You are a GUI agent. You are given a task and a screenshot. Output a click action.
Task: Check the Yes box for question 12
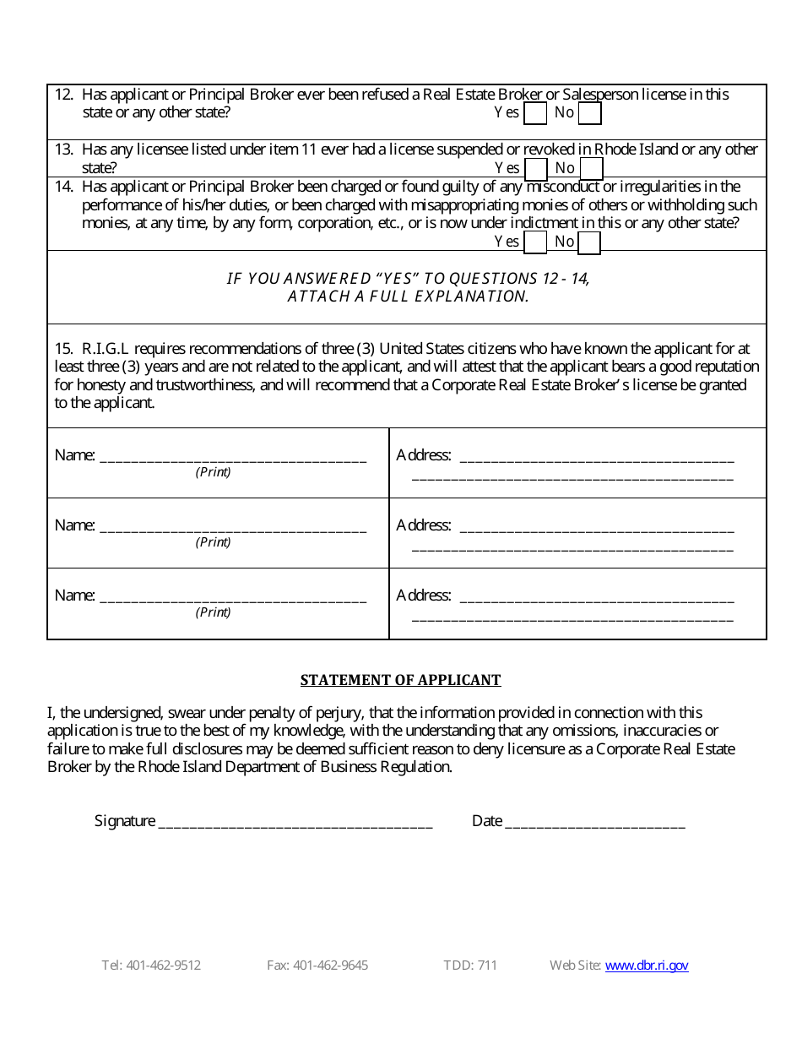535,113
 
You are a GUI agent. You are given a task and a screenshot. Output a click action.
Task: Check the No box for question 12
590,113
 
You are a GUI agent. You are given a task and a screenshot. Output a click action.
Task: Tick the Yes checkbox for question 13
535,169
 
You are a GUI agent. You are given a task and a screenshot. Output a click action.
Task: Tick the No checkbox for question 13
591,169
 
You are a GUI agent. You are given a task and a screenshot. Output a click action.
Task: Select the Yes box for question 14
535,242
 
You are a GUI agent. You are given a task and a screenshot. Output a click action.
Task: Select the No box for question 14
589,242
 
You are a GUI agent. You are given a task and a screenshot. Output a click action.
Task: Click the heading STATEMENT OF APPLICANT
401,680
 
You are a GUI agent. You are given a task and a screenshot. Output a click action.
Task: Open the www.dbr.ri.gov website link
647,966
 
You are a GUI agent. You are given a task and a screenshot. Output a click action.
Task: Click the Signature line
295,821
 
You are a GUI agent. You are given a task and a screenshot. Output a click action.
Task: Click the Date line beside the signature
595,821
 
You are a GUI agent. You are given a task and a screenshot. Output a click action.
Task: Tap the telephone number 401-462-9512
163,966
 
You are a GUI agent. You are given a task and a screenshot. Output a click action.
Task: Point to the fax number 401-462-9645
330,966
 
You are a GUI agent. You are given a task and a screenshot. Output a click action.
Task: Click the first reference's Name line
233,456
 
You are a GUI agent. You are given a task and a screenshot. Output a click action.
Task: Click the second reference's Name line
233,526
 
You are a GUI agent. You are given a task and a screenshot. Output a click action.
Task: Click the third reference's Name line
233,596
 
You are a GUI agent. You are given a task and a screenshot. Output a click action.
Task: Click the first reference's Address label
424,455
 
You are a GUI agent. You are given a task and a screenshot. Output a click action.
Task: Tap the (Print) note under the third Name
213,612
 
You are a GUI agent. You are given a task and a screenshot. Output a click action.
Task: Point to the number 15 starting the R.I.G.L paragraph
63,349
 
